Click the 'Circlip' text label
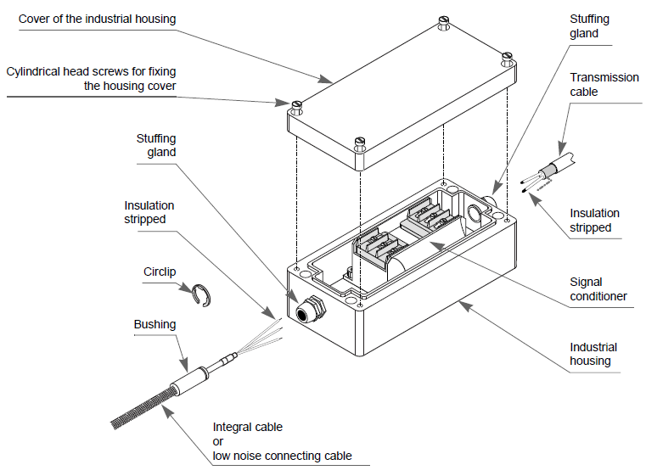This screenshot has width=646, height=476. point(160,272)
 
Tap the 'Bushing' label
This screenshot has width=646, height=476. point(154,324)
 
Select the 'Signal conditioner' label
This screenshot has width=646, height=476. point(598,289)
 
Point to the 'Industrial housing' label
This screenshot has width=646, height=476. point(593,354)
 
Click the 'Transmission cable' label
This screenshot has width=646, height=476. point(604,84)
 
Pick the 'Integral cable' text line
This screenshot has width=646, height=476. point(247,427)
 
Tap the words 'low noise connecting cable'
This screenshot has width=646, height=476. point(282,456)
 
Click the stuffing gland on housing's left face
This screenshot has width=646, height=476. point(307,308)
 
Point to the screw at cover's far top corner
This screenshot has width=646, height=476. point(443,20)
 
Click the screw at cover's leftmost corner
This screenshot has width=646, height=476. point(296,105)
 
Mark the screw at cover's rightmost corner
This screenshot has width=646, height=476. point(507,58)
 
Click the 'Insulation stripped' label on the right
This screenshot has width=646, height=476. point(594,221)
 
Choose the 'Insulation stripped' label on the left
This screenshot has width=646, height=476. point(149,212)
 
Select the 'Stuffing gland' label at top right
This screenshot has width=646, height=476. point(589,26)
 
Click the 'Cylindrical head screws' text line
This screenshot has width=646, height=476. point(90,72)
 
